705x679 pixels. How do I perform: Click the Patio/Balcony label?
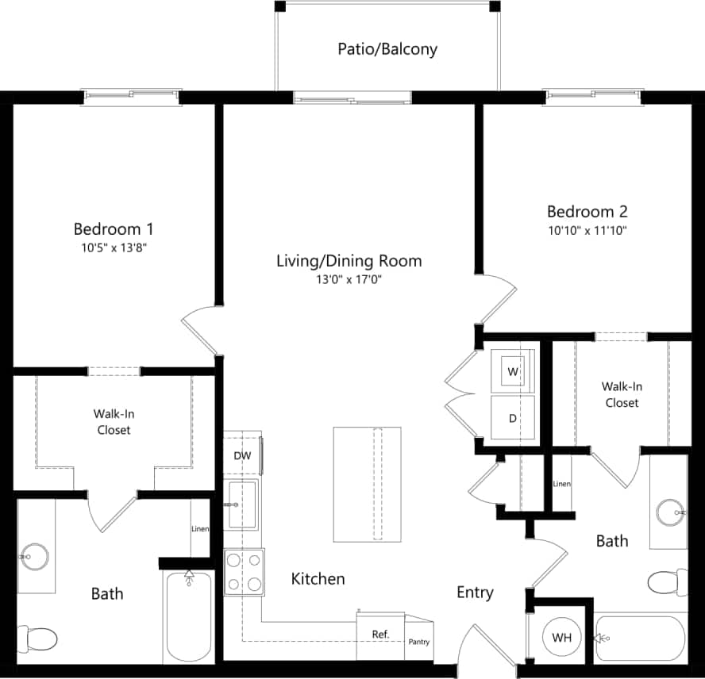(387, 49)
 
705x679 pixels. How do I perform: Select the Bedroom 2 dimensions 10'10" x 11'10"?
(587, 231)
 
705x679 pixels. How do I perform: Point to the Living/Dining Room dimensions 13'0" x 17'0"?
(349, 279)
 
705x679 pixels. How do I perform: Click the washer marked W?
(513, 370)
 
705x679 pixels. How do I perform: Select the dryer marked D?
(513, 417)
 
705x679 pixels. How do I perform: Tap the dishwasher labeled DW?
(242, 455)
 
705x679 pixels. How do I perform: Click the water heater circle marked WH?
(562, 638)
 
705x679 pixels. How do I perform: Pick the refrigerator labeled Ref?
(380, 634)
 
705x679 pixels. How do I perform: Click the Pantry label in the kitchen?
(418, 641)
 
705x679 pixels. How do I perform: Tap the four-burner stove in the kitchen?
(244, 572)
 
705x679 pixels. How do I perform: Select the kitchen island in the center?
(368, 482)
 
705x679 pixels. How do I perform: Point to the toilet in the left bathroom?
(37, 638)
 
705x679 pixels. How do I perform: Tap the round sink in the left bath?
(34, 557)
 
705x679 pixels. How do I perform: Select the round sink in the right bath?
(671, 512)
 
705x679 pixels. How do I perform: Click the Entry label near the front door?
(475, 593)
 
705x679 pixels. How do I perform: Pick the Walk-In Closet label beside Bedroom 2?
(622, 394)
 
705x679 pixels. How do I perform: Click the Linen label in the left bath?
(200, 529)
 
